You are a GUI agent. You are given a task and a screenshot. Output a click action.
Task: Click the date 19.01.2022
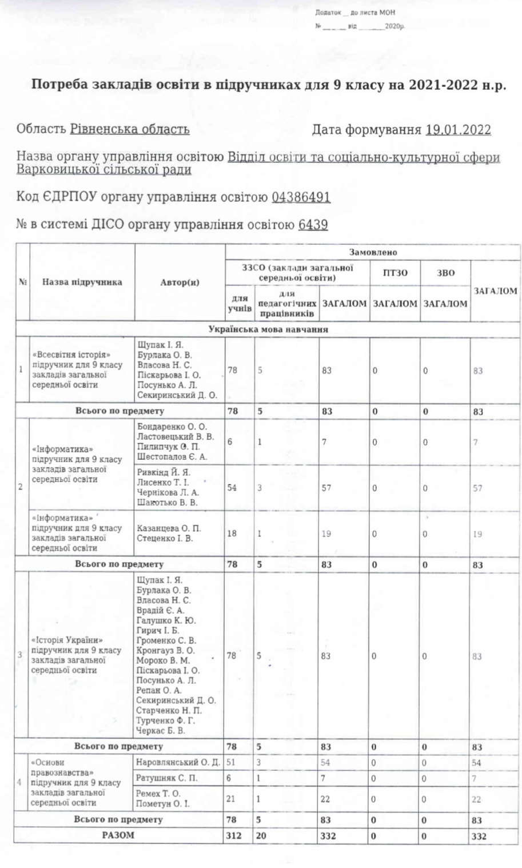tap(458, 129)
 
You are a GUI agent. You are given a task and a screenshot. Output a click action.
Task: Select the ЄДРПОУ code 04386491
tap(301, 197)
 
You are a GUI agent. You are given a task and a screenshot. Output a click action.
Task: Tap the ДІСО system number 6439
tap(313, 225)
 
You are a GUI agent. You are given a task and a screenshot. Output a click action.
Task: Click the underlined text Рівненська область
tap(130, 129)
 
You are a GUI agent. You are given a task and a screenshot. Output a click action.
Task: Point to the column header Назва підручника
tap(82, 282)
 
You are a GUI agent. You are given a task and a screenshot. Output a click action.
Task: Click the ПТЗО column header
tap(395, 273)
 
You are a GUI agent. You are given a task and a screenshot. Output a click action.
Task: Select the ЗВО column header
tap(445, 273)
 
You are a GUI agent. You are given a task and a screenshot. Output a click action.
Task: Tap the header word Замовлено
tap(373, 252)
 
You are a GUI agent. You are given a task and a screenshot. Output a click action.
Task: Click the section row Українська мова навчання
tap(268, 329)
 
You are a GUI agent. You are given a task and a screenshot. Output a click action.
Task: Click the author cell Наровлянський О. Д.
tap(178, 762)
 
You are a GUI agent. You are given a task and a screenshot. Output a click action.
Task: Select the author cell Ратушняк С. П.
tap(167, 778)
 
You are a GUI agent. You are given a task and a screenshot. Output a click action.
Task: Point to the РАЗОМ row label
tap(118, 835)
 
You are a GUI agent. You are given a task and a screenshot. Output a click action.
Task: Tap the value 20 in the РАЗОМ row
tap(261, 836)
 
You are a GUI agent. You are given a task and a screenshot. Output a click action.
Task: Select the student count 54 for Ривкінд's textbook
tap(232, 488)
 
